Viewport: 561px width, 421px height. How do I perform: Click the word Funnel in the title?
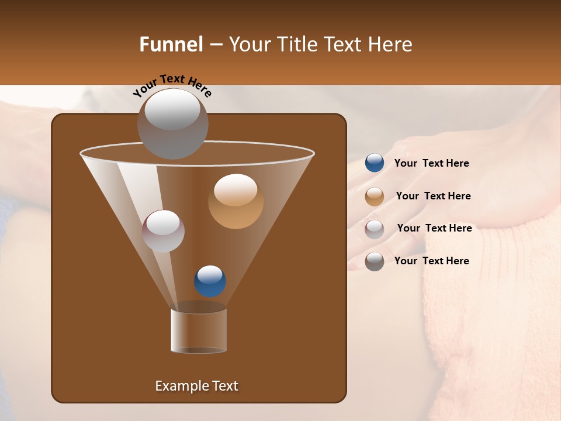[171, 44]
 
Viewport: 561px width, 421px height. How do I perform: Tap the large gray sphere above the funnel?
[172, 123]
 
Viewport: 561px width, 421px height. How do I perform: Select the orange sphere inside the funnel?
[236, 201]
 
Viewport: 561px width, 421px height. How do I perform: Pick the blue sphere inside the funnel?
[210, 281]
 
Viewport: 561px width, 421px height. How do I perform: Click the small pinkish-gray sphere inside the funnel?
[163, 231]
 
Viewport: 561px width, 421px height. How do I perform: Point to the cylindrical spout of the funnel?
[199, 330]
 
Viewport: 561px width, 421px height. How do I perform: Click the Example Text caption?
[196, 386]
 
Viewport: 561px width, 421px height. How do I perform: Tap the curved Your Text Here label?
[172, 85]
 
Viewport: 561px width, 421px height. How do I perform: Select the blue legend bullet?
[375, 163]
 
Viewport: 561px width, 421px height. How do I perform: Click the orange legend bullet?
[375, 196]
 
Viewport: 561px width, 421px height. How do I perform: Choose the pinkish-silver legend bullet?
[375, 229]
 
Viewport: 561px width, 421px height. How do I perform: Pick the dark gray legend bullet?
[375, 261]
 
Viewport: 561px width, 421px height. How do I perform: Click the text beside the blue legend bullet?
[431, 163]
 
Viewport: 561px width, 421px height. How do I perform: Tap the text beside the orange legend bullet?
[433, 196]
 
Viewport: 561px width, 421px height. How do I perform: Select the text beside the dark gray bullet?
[431, 261]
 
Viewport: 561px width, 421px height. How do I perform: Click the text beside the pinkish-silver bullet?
[434, 228]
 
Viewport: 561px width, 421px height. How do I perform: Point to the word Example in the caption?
[179, 386]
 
